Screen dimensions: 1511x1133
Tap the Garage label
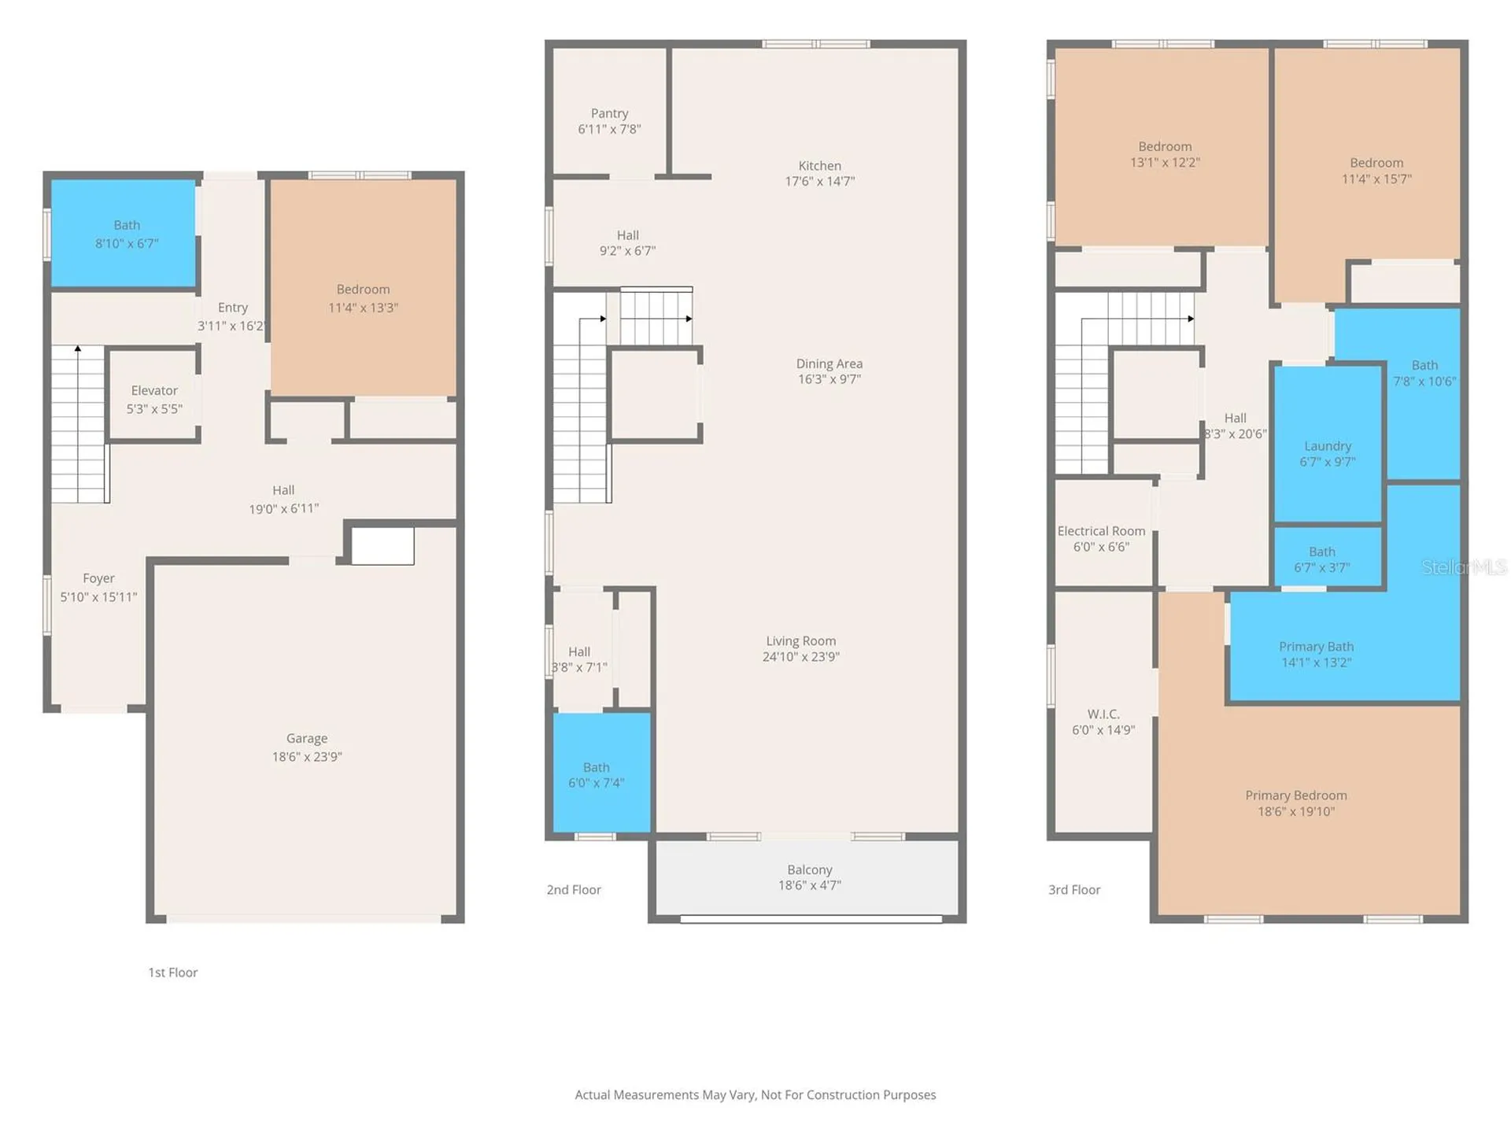click(x=307, y=738)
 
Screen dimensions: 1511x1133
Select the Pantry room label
click(x=610, y=113)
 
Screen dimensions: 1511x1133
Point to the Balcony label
click(x=810, y=869)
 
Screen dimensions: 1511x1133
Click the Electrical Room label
click(x=1101, y=531)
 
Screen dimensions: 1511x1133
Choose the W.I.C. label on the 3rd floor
click(x=1103, y=714)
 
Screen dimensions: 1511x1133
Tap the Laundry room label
click(x=1328, y=446)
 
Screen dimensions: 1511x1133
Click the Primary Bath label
click(x=1317, y=647)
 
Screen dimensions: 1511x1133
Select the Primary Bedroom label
click(x=1296, y=795)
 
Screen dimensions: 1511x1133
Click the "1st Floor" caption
click(x=173, y=972)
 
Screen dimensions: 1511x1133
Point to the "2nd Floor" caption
click(x=574, y=890)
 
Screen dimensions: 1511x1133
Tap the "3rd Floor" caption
click(x=1074, y=890)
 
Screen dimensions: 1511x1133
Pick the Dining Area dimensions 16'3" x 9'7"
click(x=829, y=379)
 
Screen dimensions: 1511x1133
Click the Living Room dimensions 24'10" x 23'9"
click(x=801, y=657)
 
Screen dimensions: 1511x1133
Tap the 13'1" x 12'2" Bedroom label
click(x=1166, y=154)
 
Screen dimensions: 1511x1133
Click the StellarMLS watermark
click(x=1464, y=566)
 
